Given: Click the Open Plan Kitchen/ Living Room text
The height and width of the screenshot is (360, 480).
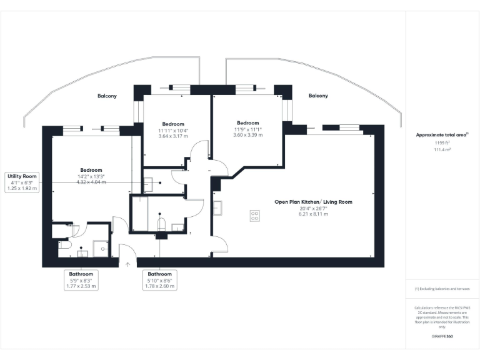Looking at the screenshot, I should click(313, 202).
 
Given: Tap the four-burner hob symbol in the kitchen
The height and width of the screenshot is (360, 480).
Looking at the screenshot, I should click(254, 216).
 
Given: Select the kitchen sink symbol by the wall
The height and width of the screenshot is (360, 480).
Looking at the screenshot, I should click(217, 208).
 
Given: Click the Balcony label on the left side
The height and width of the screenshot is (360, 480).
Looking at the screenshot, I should click(107, 96).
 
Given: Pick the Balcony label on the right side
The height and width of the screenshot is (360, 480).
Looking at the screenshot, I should click(318, 96).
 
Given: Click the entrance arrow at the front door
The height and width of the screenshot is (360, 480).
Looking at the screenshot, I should click(128, 264).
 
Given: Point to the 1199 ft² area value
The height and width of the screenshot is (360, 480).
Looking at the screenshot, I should click(442, 143).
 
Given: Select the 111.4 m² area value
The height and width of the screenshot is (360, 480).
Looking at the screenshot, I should click(442, 150).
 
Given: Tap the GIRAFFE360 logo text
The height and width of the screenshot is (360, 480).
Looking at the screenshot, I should click(442, 336).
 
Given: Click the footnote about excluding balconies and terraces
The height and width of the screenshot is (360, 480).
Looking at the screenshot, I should click(442, 289).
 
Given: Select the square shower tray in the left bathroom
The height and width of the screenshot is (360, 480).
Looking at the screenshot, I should click(101, 249).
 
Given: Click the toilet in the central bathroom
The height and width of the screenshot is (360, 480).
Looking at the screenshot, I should click(161, 225).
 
